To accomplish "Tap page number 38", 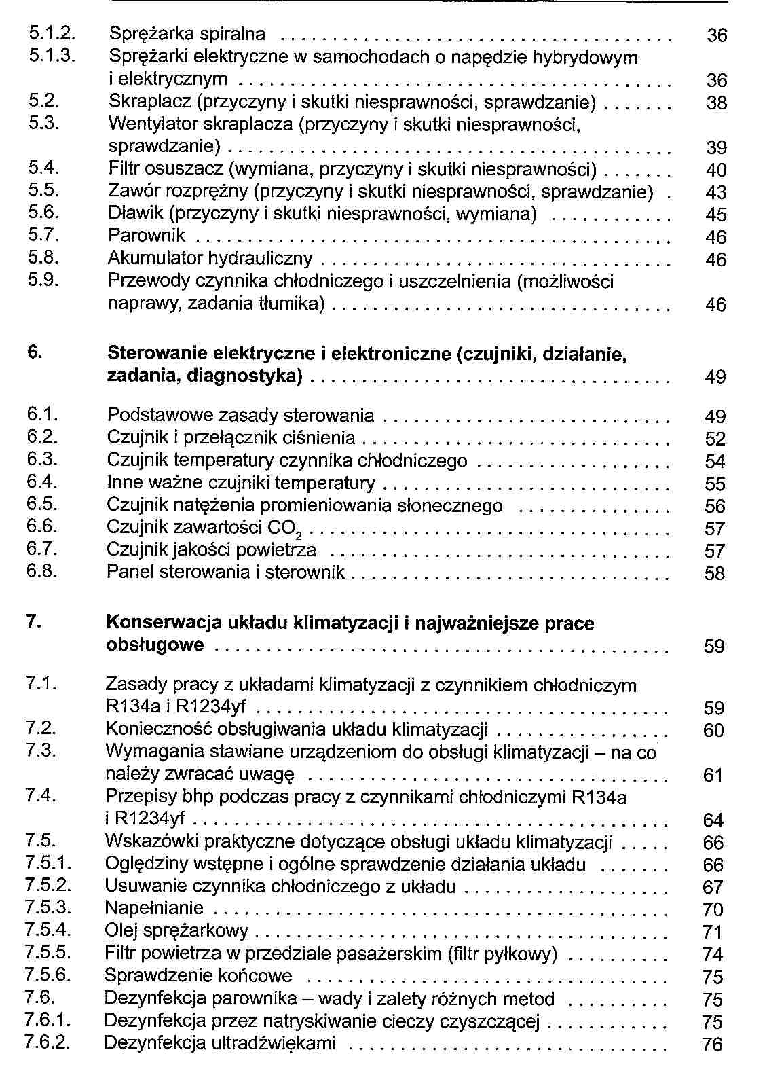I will [716, 103].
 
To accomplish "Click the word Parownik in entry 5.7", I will [147, 236].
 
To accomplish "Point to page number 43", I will [716, 193].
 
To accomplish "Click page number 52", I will [715, 439].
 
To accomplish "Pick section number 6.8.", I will [42, 571].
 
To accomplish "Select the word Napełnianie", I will [154, 908].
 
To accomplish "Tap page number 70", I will [713, 910].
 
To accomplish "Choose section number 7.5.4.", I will [48, 930].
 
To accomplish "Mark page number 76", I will [713, 1045].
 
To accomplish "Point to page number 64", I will [713, 820].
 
